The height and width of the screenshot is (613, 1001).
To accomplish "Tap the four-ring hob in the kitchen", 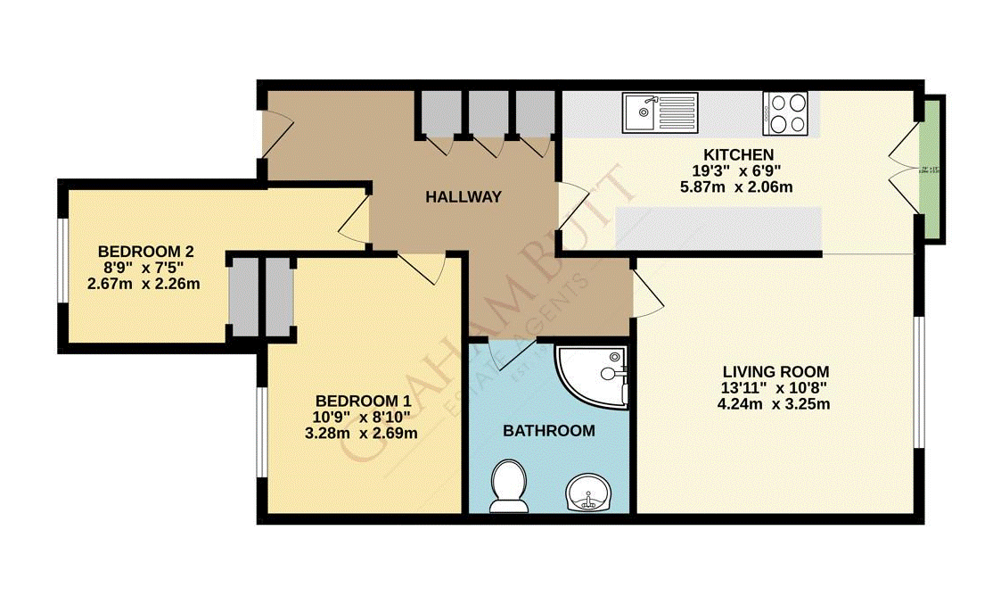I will [785, 113].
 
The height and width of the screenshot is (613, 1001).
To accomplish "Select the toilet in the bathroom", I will [509, 486].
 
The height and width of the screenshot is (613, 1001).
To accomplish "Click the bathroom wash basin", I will [587, 492].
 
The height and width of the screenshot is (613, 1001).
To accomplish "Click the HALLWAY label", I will [463, 197].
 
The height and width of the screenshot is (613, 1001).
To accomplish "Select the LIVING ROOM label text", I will [775, 371].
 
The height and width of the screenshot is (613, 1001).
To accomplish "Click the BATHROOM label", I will [548, 431].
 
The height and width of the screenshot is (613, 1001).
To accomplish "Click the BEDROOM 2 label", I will [145, 252].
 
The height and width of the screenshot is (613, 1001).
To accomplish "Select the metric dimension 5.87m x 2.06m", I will [735, 187].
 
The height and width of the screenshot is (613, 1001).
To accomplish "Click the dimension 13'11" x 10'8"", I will [775, 388].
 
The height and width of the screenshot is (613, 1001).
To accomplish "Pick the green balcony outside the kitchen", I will [932, 169].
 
